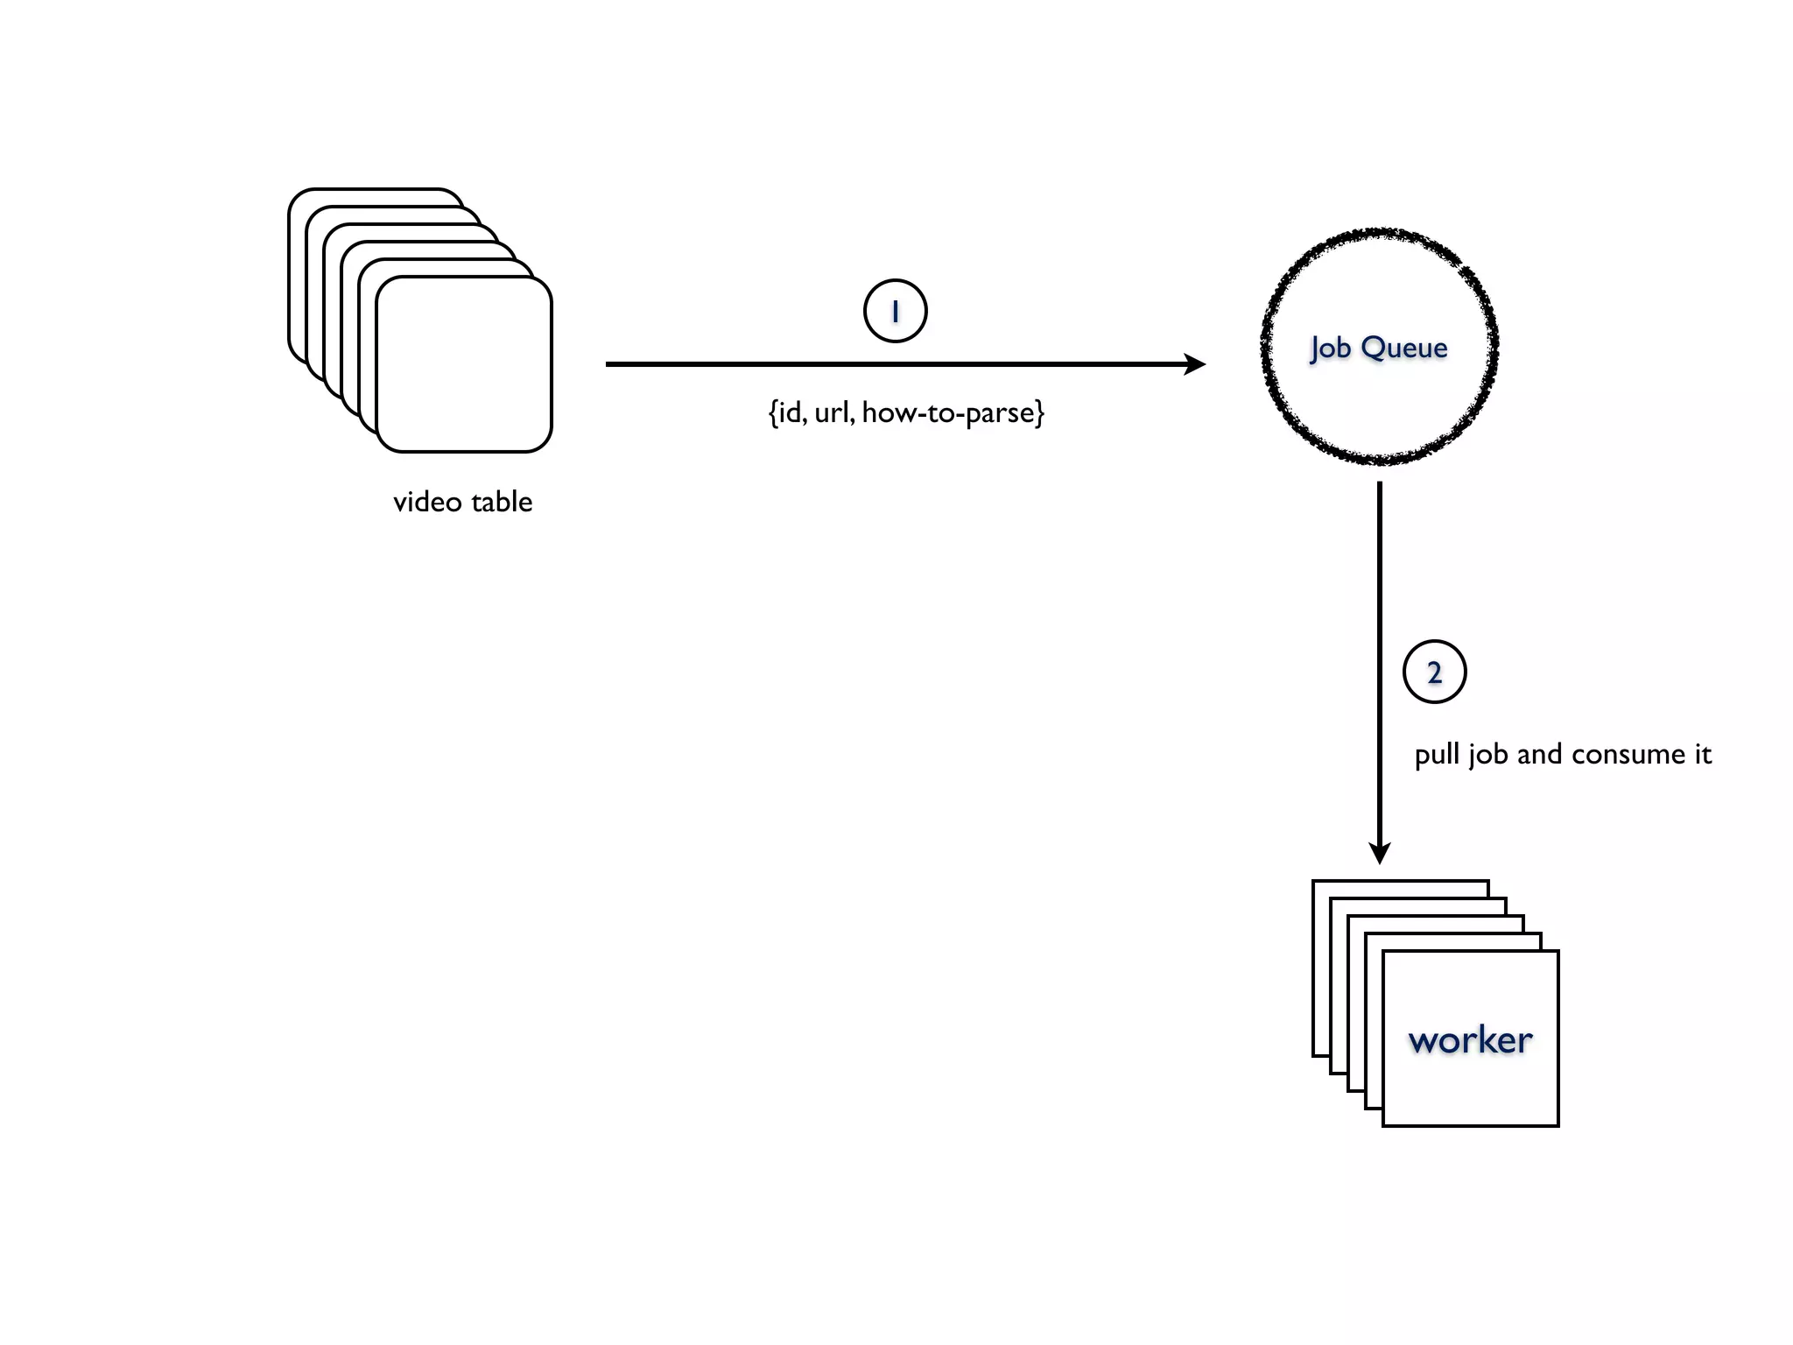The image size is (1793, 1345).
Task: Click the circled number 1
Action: (x=895, y=311)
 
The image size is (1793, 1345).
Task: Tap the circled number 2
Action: (x=1434, y=672)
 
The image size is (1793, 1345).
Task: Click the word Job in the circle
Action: (x=1330, y=349)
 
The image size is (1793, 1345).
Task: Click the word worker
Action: (x=1470, y=1040)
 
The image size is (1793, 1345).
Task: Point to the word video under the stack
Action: (x=427, y=503)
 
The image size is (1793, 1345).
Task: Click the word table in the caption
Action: (x=501, y=502)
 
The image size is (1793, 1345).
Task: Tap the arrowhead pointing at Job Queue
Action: (x=1195, y=364)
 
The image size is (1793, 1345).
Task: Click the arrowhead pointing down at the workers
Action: (x=1380, y=852)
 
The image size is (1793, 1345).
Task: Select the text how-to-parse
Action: (x=952, y=412)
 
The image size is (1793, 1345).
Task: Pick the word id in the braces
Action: (x=791, y=412)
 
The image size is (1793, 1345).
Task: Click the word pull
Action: (x=1436, y=755)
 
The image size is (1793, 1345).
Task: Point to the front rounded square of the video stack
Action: (x=464, y=364)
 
